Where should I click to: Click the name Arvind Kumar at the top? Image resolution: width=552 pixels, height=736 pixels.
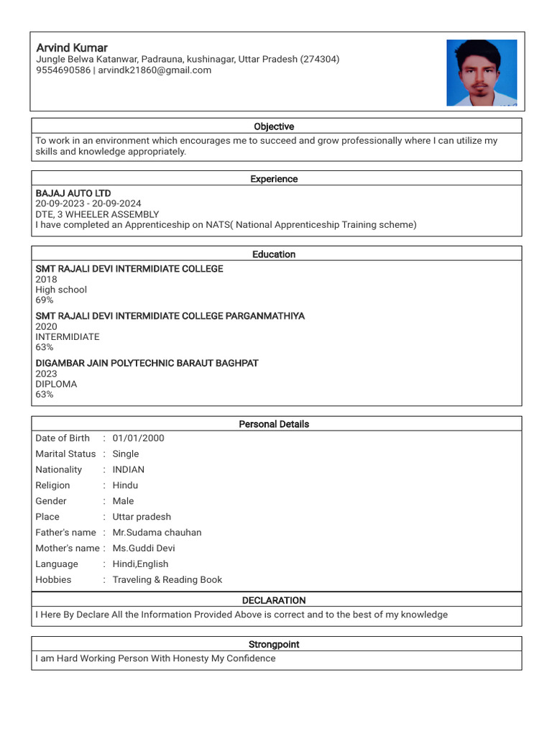pos(72,47)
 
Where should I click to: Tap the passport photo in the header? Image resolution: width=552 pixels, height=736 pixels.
pos(481,73)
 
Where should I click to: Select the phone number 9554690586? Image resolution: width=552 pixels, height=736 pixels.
pos(63,70)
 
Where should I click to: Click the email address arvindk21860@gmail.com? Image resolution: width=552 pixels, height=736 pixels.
pos(155,70)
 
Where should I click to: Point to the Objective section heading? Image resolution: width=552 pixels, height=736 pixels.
pos(274,126)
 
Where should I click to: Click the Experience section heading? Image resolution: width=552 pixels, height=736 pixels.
pos(274,179)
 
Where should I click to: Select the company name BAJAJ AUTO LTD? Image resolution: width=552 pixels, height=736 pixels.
pos(73,193)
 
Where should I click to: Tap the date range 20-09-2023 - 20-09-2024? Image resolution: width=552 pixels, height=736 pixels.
pos(88,204)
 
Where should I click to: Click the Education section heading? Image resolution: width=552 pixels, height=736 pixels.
pos(274,254)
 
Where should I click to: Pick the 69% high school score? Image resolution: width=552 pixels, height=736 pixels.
pos(45,300)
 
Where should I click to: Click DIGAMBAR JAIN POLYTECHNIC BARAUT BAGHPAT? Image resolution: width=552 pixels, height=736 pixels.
pos(147,363)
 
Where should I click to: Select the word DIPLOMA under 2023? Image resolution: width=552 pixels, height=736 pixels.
pos(56,384)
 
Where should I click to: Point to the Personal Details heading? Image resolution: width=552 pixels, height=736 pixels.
pos(274,424)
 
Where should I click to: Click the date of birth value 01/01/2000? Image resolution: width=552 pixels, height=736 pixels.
pos(138,438)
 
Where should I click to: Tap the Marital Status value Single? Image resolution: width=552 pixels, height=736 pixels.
pos(126,454)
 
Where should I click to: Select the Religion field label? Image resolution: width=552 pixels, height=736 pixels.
pos(52,486)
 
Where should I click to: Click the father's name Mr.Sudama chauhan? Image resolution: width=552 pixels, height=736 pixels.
pos(157,533)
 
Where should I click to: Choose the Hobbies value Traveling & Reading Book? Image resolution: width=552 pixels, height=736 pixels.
pos(167,580)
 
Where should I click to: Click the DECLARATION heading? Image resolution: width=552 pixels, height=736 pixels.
pos(274,600)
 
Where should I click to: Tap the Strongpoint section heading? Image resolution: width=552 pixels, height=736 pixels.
pos(274,645)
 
